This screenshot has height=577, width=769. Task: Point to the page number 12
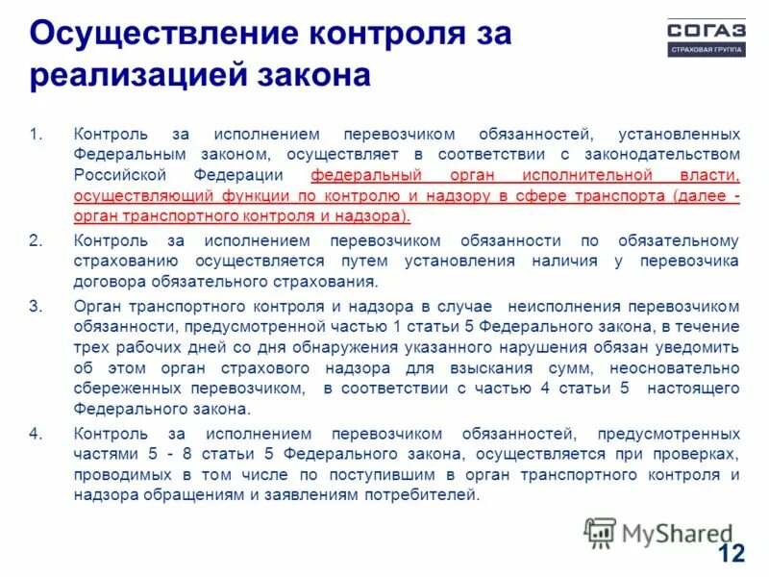click(x=732, y=553)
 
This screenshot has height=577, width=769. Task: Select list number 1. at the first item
click(x=36, y=133)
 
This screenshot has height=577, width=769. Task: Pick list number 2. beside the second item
click(x=36, y=240)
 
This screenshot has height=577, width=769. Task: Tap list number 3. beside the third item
click(x=36, y=306)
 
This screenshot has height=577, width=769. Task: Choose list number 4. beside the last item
click(x=36, y=433)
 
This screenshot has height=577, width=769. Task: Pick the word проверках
click(x=698, y=454)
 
